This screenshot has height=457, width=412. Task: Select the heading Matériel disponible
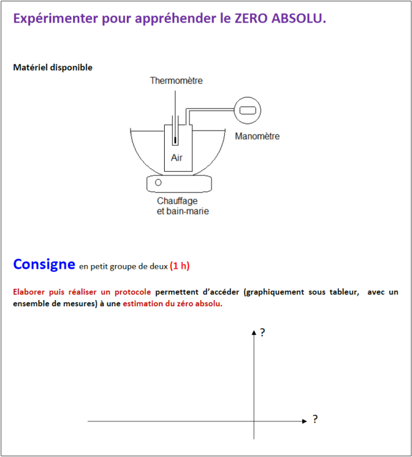[x=52, y=68]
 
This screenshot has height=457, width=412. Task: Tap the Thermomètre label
[x=176, y=81]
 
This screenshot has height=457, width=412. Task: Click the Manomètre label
[x=257, y=136]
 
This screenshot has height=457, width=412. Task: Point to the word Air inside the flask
[x=177, y=158]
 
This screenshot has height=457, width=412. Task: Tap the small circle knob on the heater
[x=159, y=183]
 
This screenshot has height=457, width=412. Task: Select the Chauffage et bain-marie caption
[x=182, y=206]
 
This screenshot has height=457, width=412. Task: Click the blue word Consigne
[x=44, y=264]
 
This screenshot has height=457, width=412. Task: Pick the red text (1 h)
[x=180, y=266]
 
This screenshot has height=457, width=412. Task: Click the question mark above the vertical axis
[x=262, y=333]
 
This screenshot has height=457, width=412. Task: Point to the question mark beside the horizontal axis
[x=315, y=419]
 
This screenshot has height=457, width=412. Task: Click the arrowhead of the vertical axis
[x=254, y=333]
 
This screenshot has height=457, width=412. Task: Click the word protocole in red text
[x=131, y=292]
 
